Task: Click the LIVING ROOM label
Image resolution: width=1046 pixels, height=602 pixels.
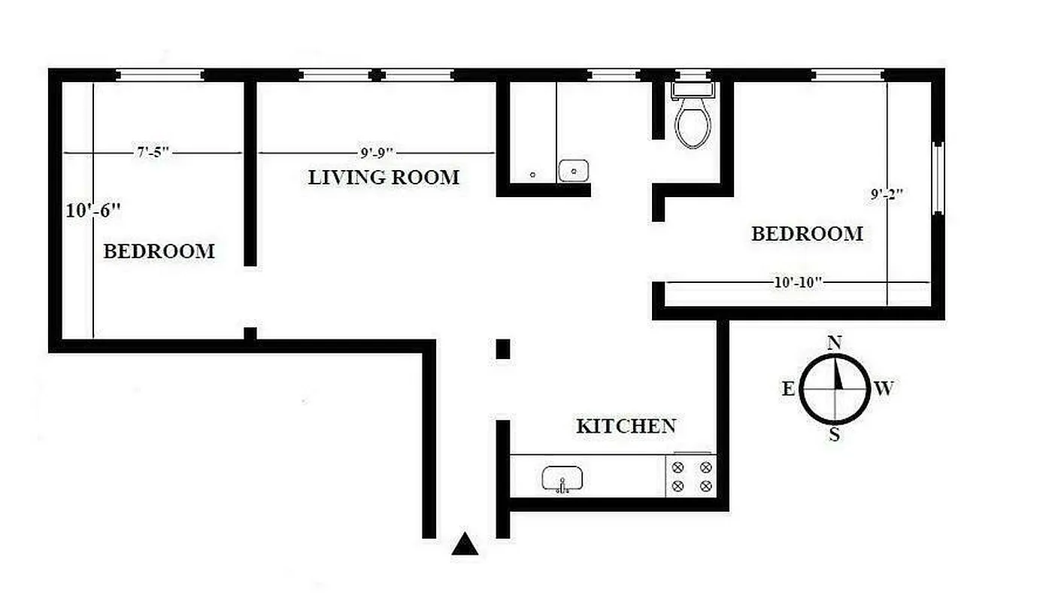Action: pyautogui.click(x=384, y=178)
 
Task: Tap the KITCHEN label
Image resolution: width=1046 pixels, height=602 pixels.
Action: pyautogui.click(x=626, y=426)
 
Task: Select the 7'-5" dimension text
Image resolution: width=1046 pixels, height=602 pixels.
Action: pyautogui.click(x=153, y=153)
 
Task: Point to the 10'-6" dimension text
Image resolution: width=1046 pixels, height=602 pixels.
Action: pyautogui.click(x=93, y=211)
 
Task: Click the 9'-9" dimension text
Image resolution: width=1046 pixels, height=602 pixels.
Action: pyautogui.click(x=377, y=154)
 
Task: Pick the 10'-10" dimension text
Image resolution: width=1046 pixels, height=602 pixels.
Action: pyautogui.click(x=799, y=283)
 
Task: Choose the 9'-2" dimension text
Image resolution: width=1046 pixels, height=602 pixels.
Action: pyautogui.click(x=887, y=195)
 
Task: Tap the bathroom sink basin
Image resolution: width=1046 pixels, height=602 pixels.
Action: pyautogui.click(x=574, y=171)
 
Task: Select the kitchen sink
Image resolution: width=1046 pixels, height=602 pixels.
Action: pyautogui.click(x=562, y=479)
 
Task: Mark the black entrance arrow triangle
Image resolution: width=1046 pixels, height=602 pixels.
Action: pyautogui.click(x=465, y=543)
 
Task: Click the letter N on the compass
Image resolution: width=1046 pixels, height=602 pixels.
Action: pyautogui.click(x=834, y=343)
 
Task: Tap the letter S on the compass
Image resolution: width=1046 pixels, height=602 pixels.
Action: pyautogui.click(x=834, y=435)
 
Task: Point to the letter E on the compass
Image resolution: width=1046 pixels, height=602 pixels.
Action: pyautogui.click(x=789, y=389)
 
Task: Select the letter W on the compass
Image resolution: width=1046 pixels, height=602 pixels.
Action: pyautogui.click(x=884, y=389)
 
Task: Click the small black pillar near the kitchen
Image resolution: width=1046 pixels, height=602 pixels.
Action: pyautogui.click(x=503, y=348)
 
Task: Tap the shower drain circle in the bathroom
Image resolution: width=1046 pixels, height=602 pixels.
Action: pyautogui.click(x=532, y=175)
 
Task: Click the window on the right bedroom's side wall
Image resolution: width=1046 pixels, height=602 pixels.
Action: pyautogui.click(x=937, y=178)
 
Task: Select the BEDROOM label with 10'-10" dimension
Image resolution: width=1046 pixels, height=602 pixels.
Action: pyautogui.click(x=807, y=234)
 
